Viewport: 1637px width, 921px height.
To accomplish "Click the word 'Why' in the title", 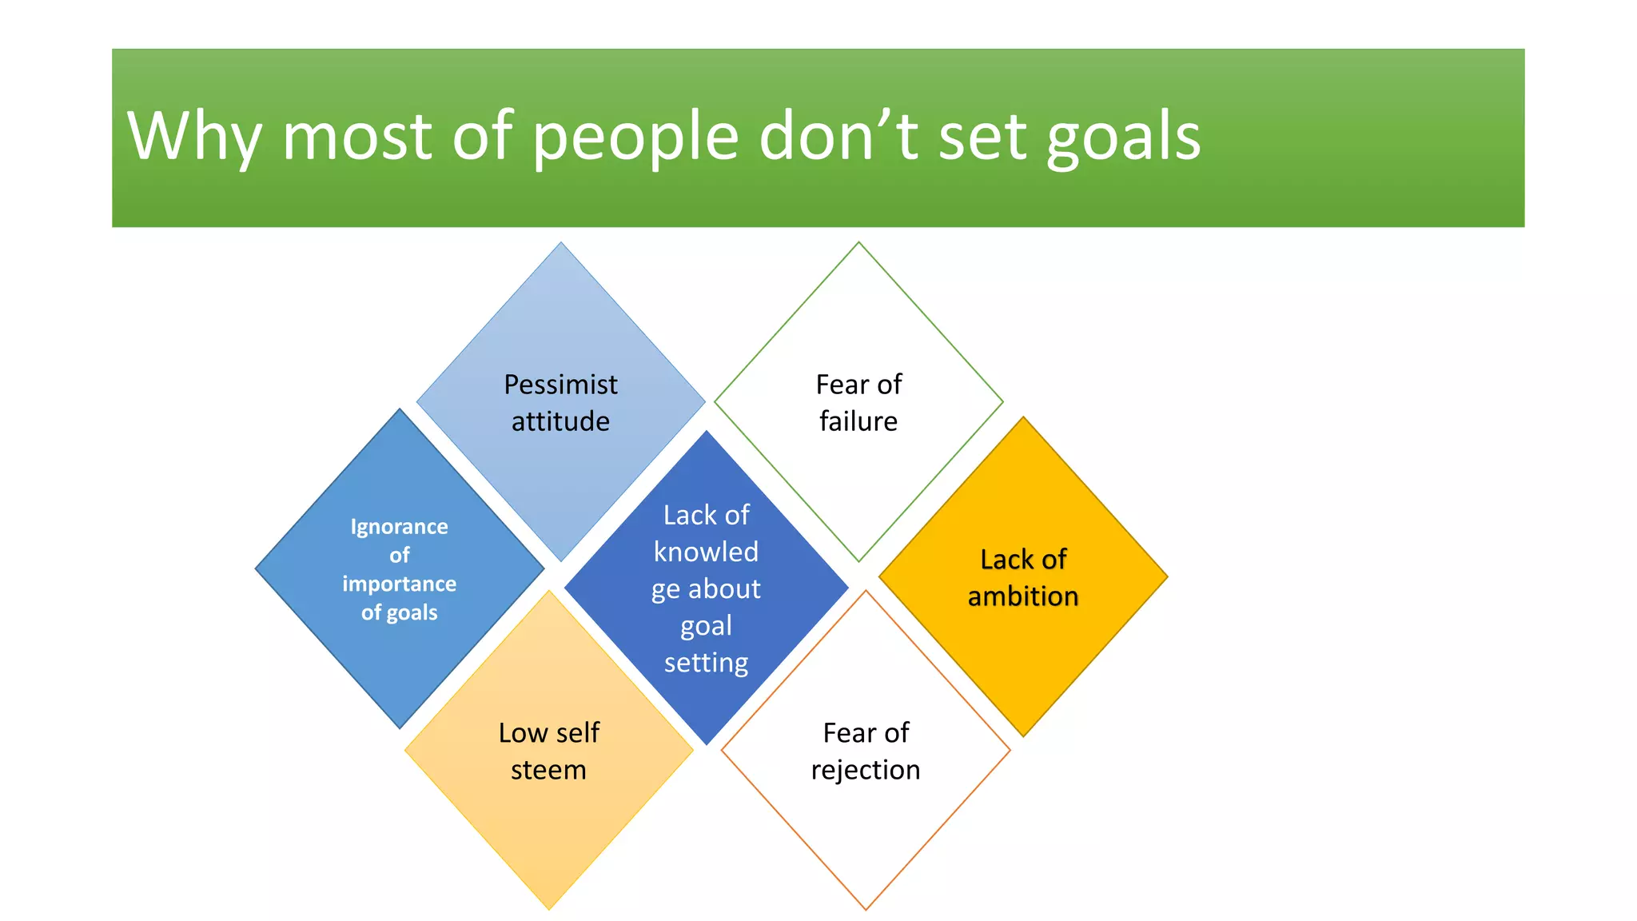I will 194,136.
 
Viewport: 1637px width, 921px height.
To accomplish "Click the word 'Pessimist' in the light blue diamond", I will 560,385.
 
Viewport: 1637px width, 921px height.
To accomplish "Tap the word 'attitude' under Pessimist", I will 560,421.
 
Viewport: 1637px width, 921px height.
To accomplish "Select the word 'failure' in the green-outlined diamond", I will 858,421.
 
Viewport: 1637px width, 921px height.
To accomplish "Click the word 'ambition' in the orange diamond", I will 1023,596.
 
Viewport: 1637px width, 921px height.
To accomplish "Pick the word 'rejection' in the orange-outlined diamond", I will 866,770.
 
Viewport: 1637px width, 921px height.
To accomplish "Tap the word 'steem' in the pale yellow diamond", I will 548,770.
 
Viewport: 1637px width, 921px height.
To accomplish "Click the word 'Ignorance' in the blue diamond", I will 399,527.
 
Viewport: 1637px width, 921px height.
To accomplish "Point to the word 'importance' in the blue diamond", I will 399,584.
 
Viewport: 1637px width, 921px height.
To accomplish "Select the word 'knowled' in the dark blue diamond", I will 706,552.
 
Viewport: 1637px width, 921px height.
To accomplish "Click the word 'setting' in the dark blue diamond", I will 706,663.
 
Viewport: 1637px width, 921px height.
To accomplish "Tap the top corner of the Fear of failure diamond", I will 858,243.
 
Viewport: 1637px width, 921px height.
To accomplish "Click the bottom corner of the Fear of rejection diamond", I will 866,908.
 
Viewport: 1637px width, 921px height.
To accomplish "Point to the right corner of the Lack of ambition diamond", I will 1166,576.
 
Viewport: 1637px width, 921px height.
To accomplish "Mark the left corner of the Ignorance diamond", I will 257,569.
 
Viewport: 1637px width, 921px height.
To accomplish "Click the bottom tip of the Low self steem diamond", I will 549,908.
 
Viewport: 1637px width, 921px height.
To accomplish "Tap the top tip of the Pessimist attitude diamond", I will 561,243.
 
